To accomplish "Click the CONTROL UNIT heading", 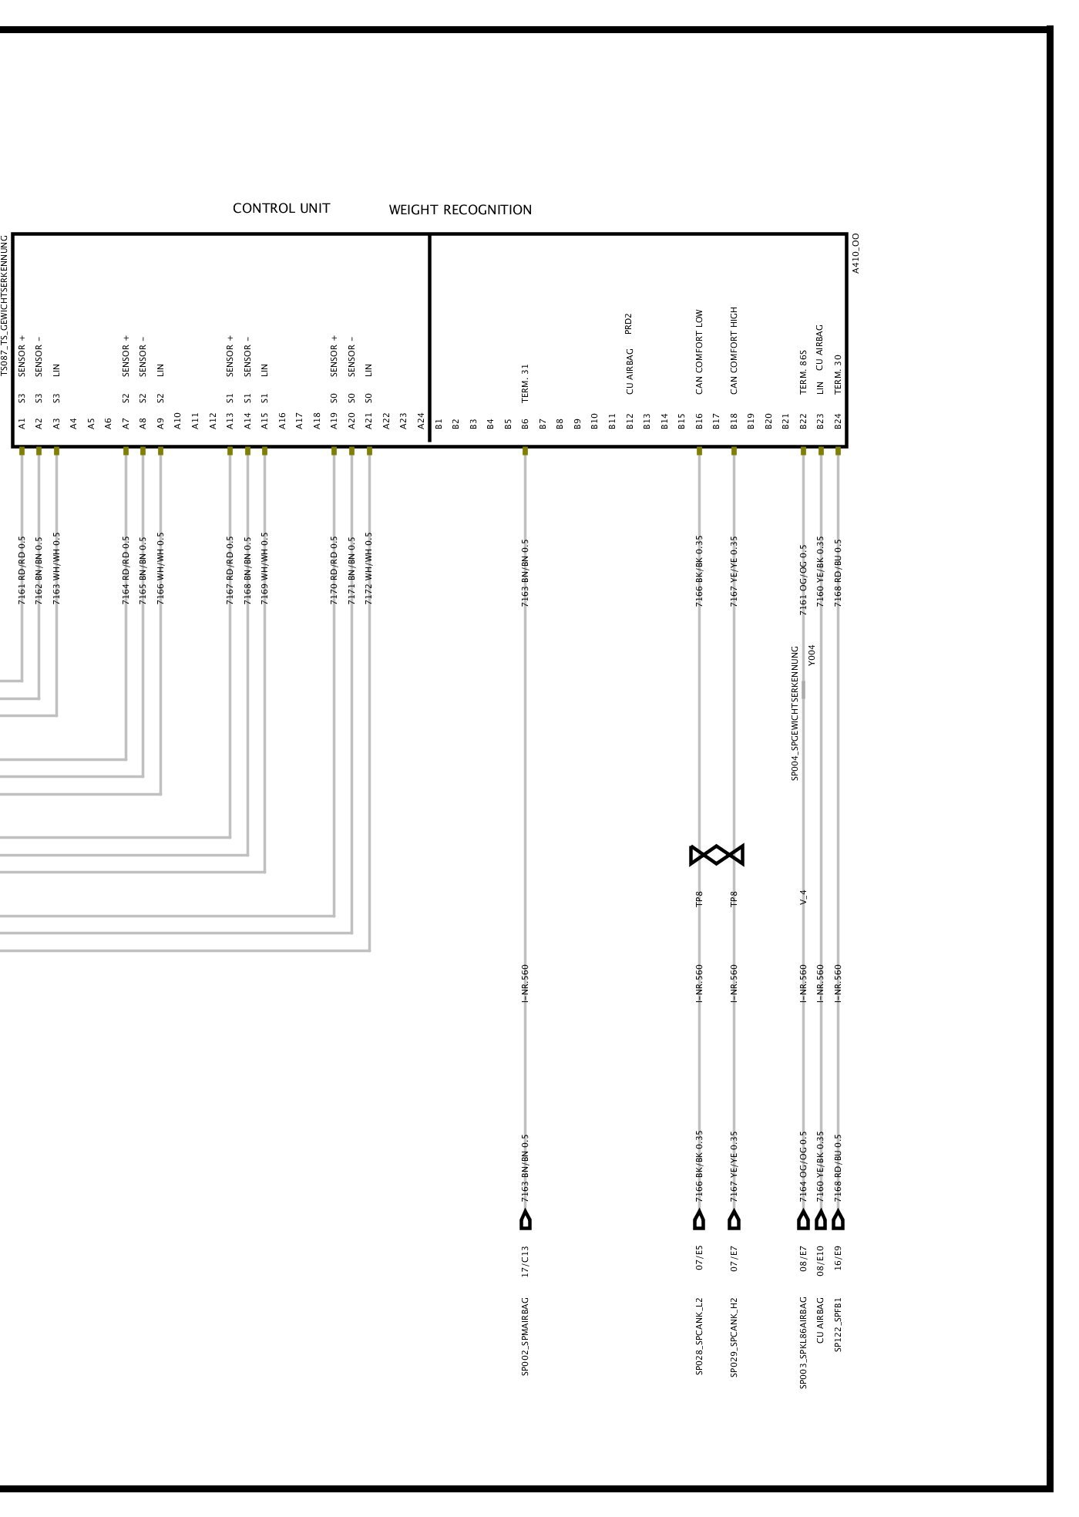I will [281, 209].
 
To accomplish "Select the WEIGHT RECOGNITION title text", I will [460, 210].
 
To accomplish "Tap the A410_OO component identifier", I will [856, 254].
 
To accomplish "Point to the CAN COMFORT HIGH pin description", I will [734, 350].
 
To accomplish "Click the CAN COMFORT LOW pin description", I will [699, 352].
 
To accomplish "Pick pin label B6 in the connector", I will [525, 423].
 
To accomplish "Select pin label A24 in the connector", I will [421, 421].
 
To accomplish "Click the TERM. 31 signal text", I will [525, 383].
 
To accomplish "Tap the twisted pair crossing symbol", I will [717, 855].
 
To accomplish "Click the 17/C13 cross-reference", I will [525, 1261].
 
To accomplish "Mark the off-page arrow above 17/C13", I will [526, 1219].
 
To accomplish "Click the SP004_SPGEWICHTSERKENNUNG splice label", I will [795, 713].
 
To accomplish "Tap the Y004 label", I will [812, 654].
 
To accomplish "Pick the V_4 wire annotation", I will [803, 897].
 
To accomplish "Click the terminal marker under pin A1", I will [22, 451].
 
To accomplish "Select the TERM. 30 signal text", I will [838, 374].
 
